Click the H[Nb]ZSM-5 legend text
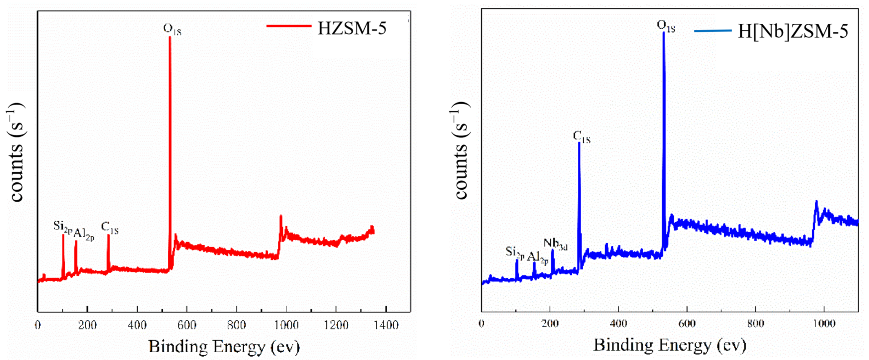click(793, 31)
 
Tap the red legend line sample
click(289, 26)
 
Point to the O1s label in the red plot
click(172, 29)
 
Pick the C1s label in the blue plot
click(582, 137)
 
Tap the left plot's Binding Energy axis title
click(224, 347)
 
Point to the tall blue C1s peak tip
click(579, 143)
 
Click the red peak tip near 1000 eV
click(281, 216)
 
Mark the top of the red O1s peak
click(170, 37)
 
